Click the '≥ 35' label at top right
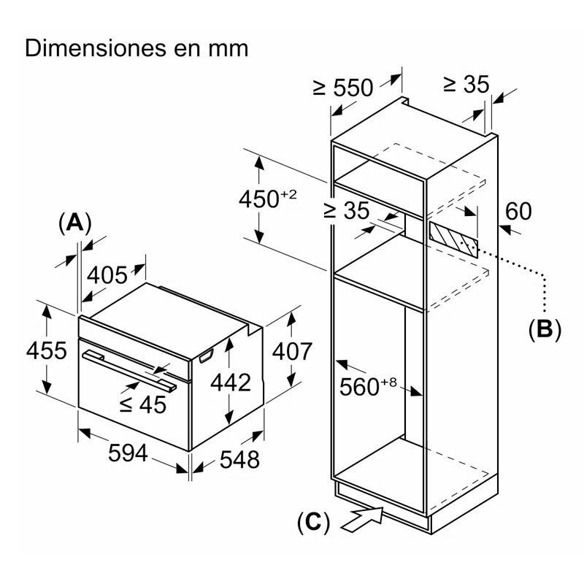click(465, 84)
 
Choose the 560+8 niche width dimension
click(369, 386)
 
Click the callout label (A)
click(74, 223)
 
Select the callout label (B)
click(545, 329)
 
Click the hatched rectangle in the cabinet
click(453, 238)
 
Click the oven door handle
click(128, 369)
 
